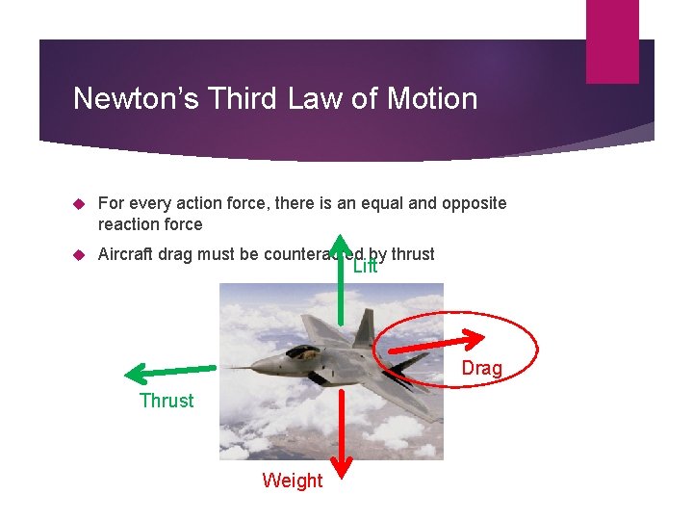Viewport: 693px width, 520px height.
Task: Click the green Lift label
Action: tap(366, 267)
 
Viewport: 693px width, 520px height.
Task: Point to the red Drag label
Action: tap(481, 368)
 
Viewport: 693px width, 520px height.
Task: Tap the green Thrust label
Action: tap(167, 401)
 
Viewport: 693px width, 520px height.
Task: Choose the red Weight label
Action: tap(293, 480)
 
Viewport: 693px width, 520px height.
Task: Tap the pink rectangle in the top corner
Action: tap(613, 41)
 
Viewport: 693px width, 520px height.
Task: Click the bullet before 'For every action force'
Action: tap(80, 203)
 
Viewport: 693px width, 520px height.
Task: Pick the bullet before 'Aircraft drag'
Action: tap(80, 254)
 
